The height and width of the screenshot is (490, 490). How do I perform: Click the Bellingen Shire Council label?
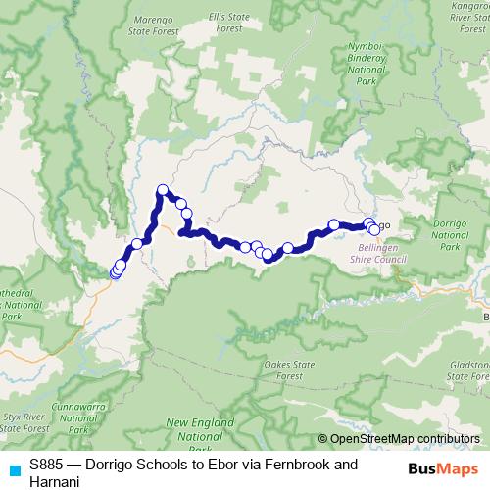[x=377, y=256]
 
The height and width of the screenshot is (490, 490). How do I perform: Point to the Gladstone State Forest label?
[x=468, y=369]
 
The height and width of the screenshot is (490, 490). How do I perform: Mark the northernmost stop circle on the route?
[x=163, y=190]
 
